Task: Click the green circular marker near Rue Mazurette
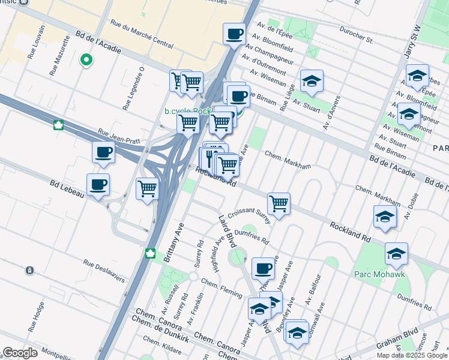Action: click(86, 60)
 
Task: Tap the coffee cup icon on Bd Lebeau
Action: click(98, 185)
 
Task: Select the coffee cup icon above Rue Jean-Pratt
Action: click(103, 153)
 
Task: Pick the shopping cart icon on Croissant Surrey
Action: click(279, 205)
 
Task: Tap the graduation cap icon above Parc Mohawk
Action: click(396, 254)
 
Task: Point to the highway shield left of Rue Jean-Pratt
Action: click(59, 125)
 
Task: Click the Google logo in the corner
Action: click(20, 353)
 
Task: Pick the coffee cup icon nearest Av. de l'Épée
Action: click(234, 34)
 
